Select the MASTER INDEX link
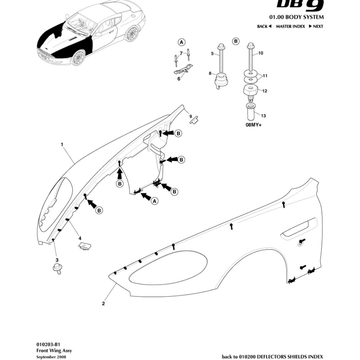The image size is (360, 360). [290, 26]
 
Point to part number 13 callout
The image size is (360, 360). [263, 116]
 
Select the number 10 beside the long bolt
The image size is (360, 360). [261, 53]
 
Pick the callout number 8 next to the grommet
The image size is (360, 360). [210, 73]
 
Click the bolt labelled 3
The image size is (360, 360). [57, 268]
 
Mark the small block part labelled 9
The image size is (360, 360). [194, 120]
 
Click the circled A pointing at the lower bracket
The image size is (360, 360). [155, 201]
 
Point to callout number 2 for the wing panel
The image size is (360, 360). [103, 304]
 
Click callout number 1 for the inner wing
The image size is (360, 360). [62, 144]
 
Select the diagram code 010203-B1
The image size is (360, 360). [48, 345]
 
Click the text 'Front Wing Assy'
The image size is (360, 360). [54, 351]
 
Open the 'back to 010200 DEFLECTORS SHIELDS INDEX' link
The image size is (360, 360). [272, 357]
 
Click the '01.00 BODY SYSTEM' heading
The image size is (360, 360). [296, 17]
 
